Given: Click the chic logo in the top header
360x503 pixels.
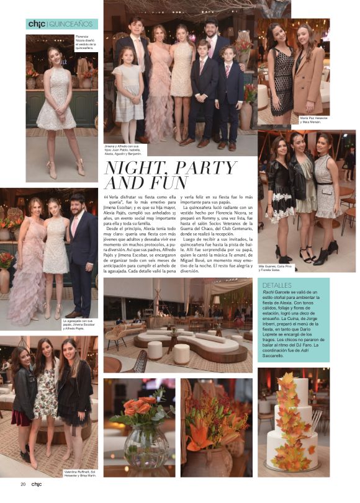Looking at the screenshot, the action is point(37,24).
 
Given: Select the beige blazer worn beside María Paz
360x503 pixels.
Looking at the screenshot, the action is point(309,81).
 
